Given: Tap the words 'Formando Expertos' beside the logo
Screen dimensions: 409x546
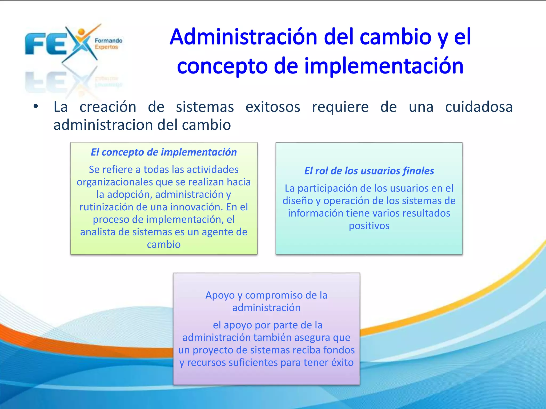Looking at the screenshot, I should [x=108, y=44].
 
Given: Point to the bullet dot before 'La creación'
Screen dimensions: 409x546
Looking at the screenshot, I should [x=36, y=107].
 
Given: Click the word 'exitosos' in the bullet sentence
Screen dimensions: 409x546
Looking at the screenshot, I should [x=273, y=107].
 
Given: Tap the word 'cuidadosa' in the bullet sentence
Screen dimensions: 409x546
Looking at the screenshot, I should [x=479, y=107].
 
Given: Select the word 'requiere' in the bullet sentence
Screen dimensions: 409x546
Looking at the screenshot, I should [x=340, y=107].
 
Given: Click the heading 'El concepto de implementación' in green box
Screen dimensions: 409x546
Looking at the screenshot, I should [x=164, y=152].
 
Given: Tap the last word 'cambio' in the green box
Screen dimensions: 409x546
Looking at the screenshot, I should [x=164, y=244].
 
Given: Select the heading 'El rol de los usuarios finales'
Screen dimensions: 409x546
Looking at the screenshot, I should [x=369, y=171].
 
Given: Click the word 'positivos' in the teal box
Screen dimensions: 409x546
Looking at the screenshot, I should [x=369, y=226].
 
